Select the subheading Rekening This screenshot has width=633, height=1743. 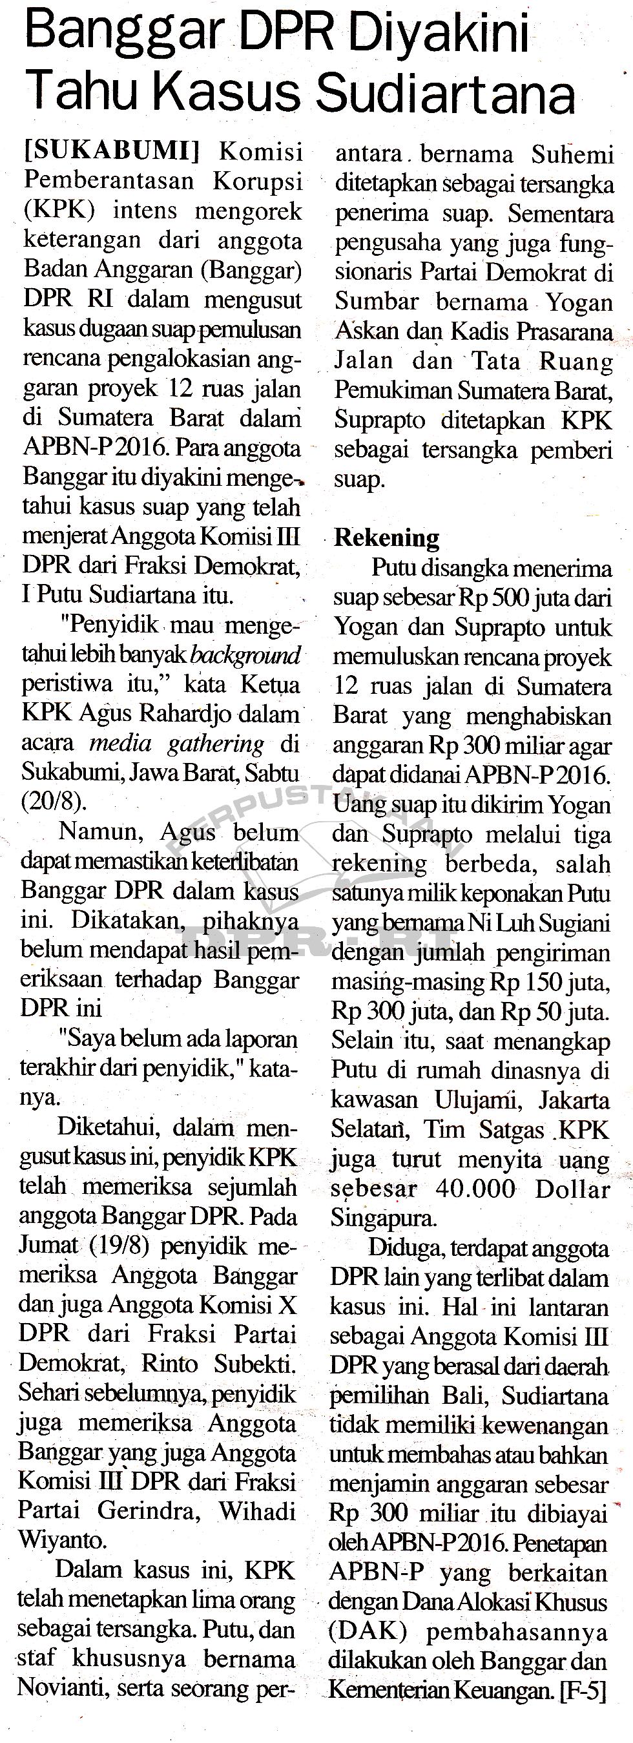point(387,538)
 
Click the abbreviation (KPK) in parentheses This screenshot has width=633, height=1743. point(59,211)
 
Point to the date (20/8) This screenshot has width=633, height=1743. point(54,801)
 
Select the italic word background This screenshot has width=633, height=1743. point(245,655)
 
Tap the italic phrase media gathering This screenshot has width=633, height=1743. point(177,743)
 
